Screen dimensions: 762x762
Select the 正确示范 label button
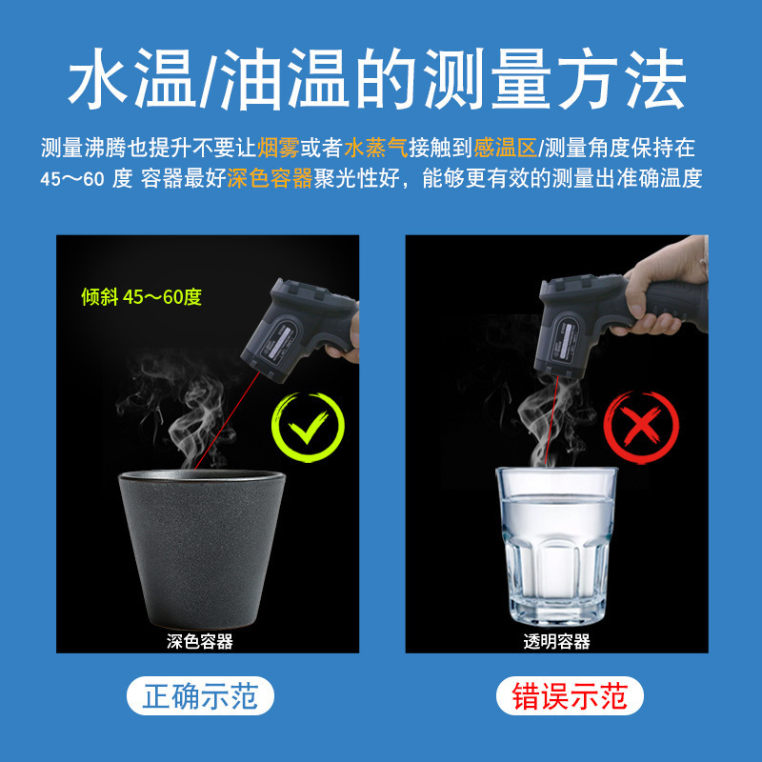pos(200,696)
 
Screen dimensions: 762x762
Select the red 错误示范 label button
pos(571,696)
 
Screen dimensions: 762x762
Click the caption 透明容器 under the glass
pos(557,641)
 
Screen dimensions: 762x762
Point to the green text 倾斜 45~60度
pos(141,297)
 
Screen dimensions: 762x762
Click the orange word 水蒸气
pos(376,148)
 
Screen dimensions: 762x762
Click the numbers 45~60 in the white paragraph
pos(72,179)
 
